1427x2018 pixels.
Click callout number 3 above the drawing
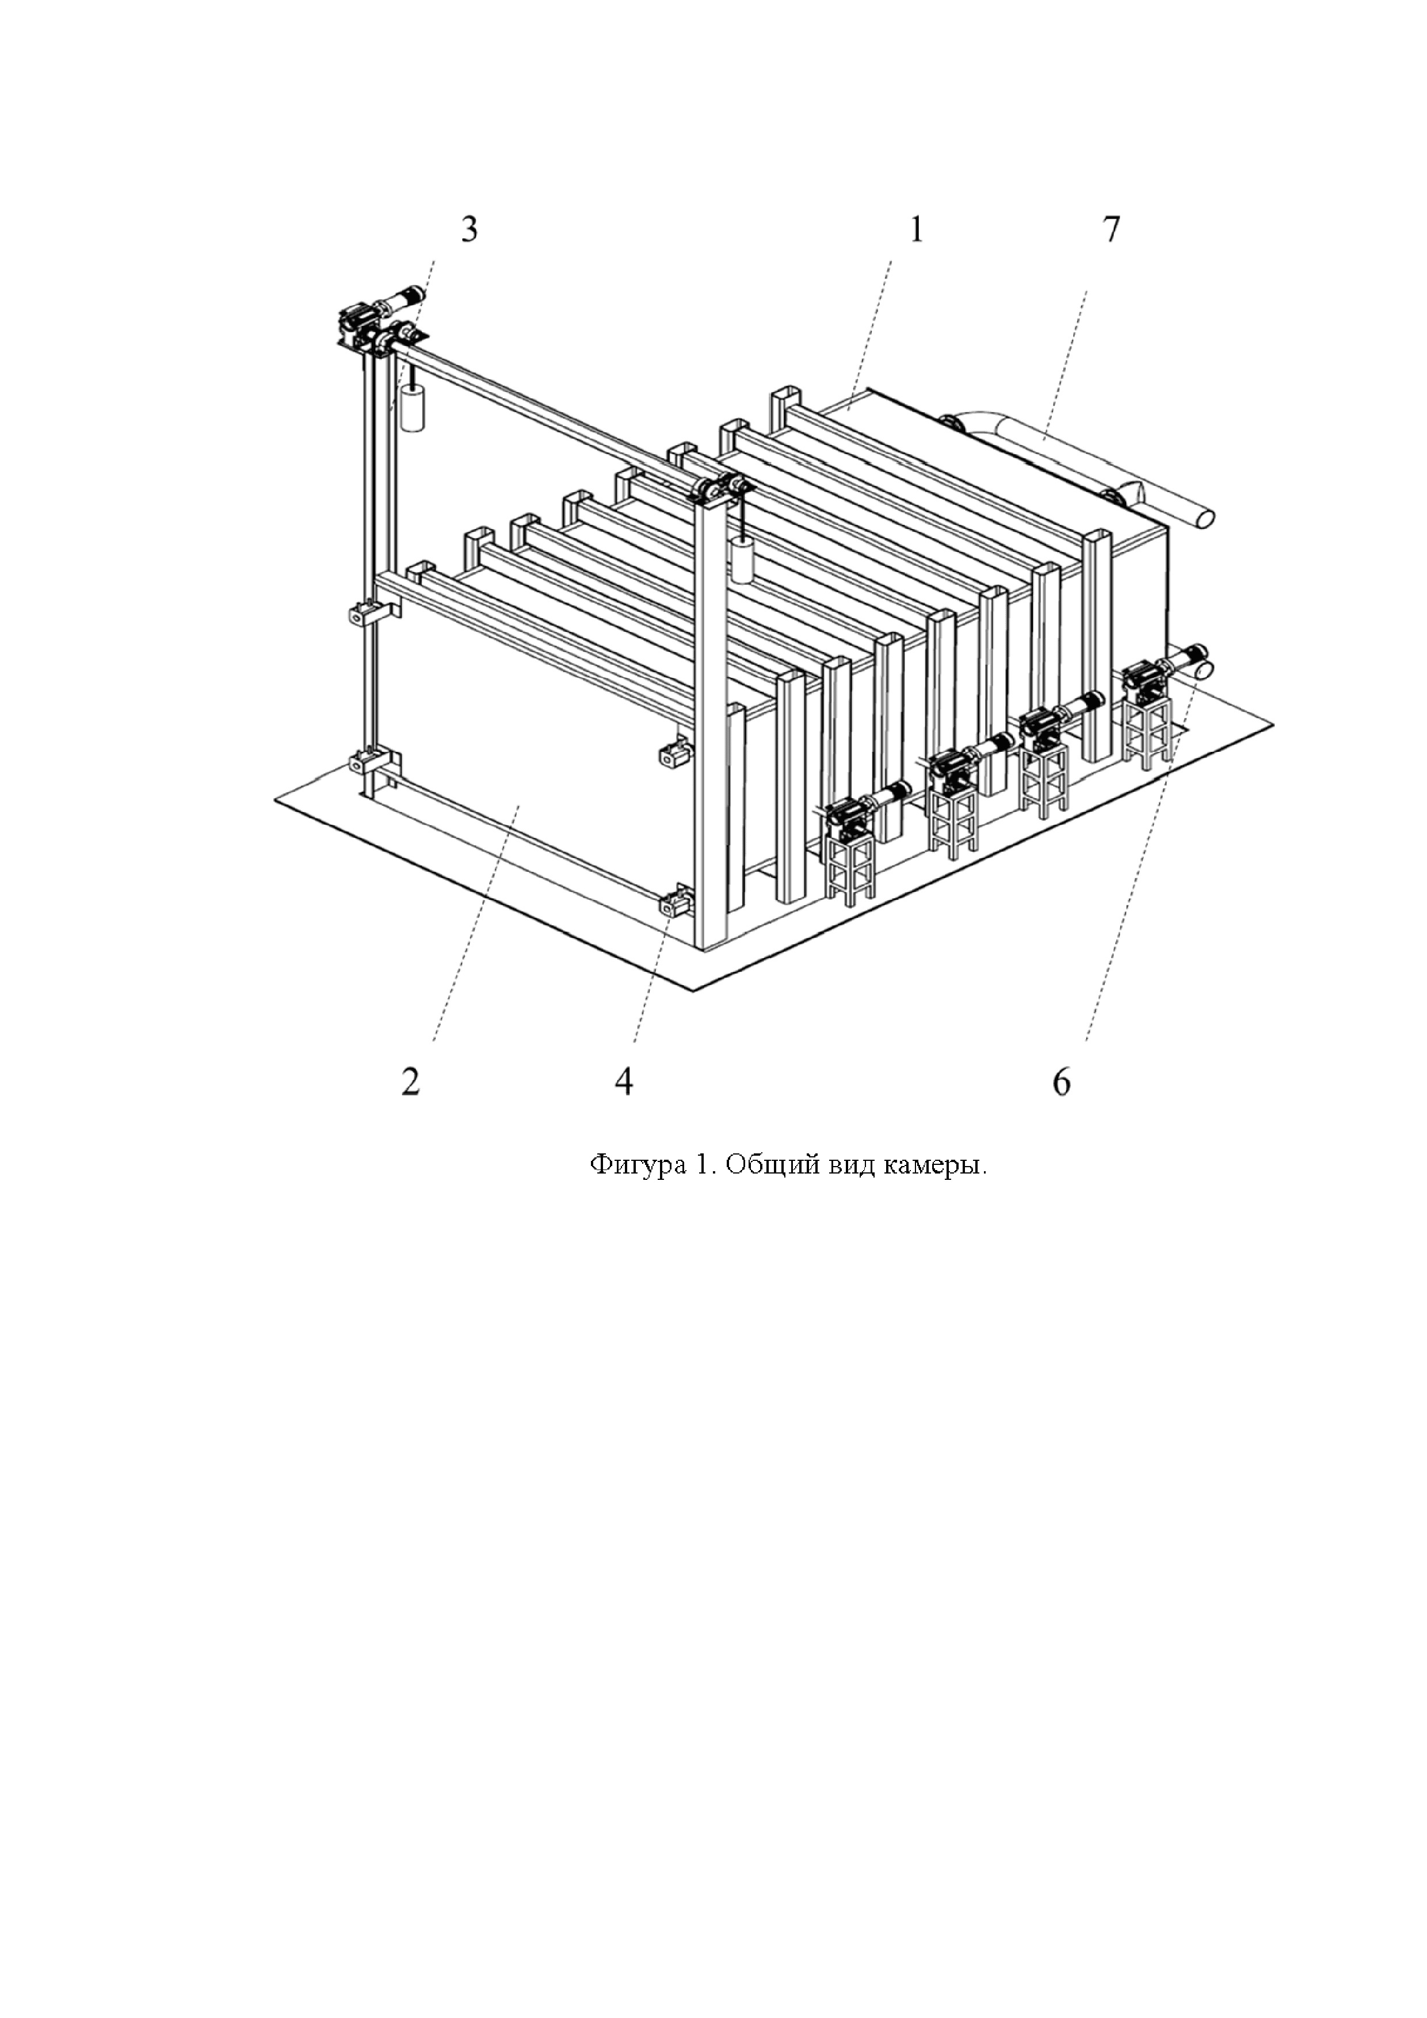[x=470, y=230]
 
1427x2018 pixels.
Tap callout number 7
[x=1111, y=230]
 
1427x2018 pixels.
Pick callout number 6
[x=1062, y=1082]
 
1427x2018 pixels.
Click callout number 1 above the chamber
[x=916, y=230]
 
